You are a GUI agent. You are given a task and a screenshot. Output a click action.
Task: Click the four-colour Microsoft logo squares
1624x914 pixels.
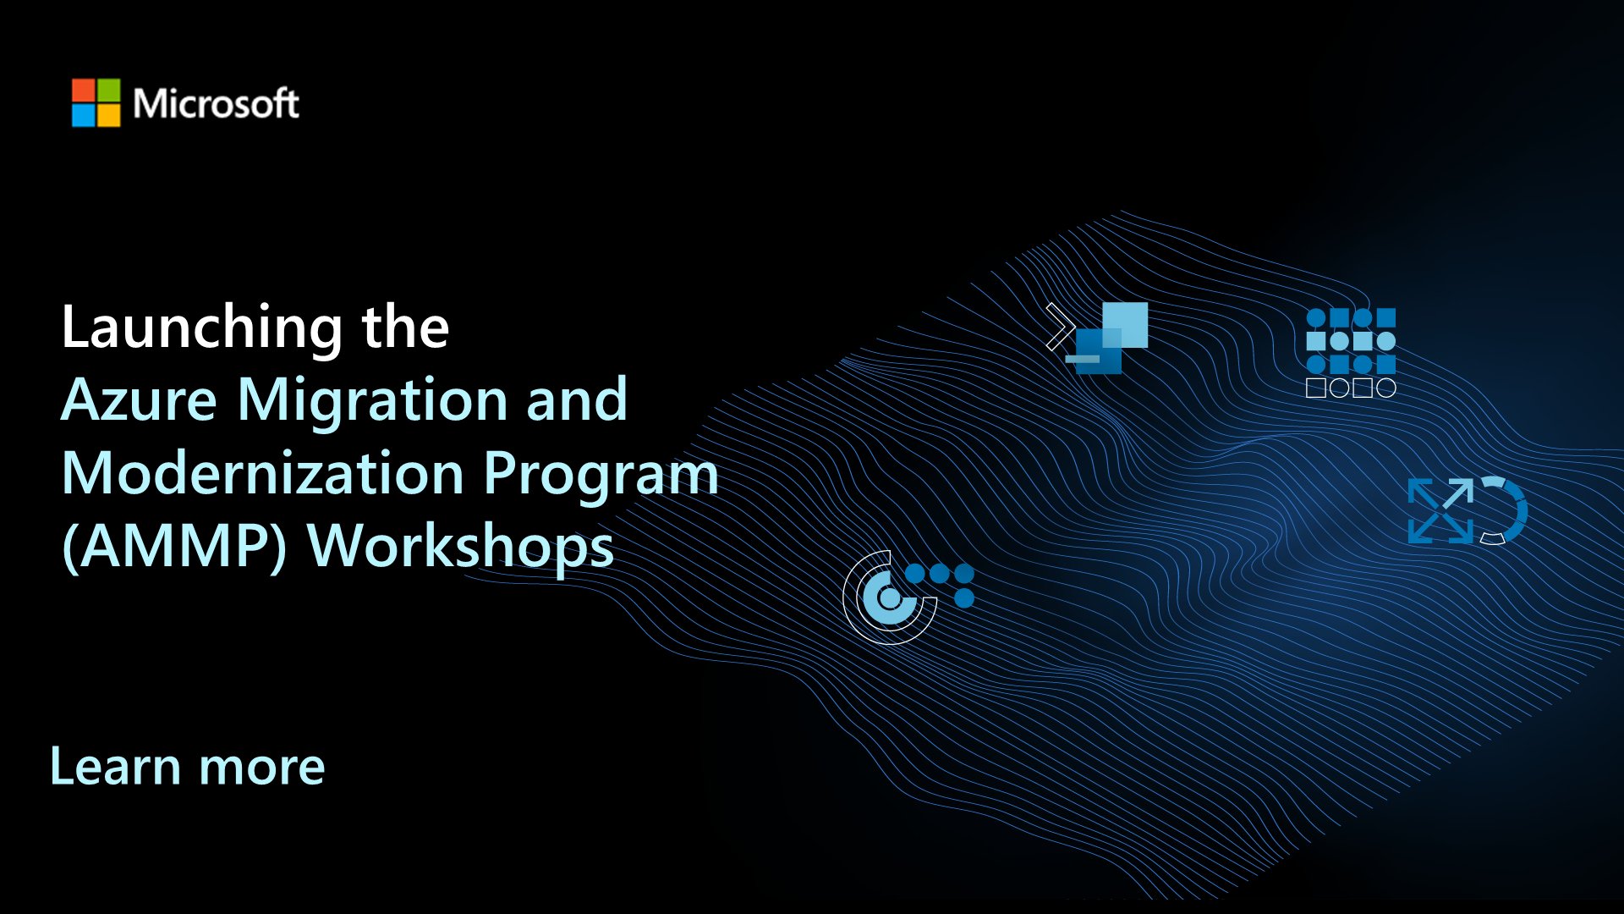tap(96, 103)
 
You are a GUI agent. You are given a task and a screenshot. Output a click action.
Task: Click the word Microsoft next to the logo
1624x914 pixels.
tap(216, 104)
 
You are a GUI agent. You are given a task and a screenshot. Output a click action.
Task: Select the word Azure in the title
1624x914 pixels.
tap(140, 400)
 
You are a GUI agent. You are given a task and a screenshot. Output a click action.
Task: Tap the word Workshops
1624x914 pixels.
tap(461, 547)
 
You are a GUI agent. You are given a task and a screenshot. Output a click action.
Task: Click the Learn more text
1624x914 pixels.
tap(187, 767)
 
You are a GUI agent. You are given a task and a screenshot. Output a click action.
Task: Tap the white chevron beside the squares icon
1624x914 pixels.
tap(1058, 327)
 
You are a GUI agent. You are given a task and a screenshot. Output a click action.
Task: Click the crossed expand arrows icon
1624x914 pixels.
tap(1440, 510)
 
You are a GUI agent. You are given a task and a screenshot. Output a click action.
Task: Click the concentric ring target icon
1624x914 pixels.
tap(888, 597)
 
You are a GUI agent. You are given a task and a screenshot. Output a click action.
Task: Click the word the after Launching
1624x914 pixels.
tap(405, 328)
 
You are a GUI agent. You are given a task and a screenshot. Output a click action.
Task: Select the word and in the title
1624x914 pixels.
tap(577, 400)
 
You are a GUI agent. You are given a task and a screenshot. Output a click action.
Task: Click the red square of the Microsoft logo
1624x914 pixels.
tap(84, 91)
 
